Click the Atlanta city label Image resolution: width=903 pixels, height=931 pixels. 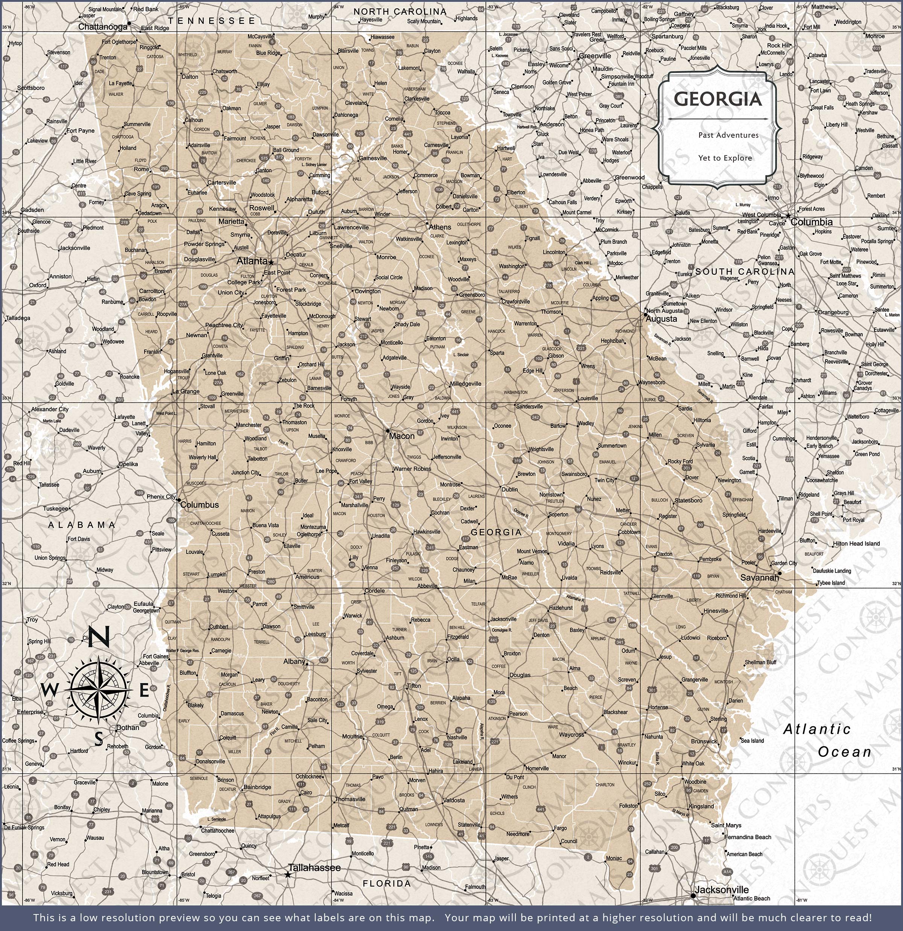(x=252, y=261)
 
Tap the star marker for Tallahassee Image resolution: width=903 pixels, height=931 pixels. (x=287, y=875)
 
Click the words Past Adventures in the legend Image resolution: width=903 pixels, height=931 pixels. (x=728, y=135)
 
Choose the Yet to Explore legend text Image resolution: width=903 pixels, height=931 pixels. (x=725, y=158)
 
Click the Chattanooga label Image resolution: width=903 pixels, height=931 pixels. (x=103, y=27)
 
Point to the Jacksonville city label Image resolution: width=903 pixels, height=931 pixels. (x=722, y=890)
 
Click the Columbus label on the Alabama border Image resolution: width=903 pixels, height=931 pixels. (x=199, y=505)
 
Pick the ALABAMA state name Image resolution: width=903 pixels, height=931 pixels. (x=82, y=525)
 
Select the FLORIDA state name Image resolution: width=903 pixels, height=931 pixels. (x=387, y=883)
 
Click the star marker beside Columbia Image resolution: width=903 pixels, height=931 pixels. (x=788, y=216)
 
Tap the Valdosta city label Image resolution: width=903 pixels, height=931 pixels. (x=454, y=800)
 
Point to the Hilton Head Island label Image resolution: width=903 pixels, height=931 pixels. (x=856, y=543)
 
